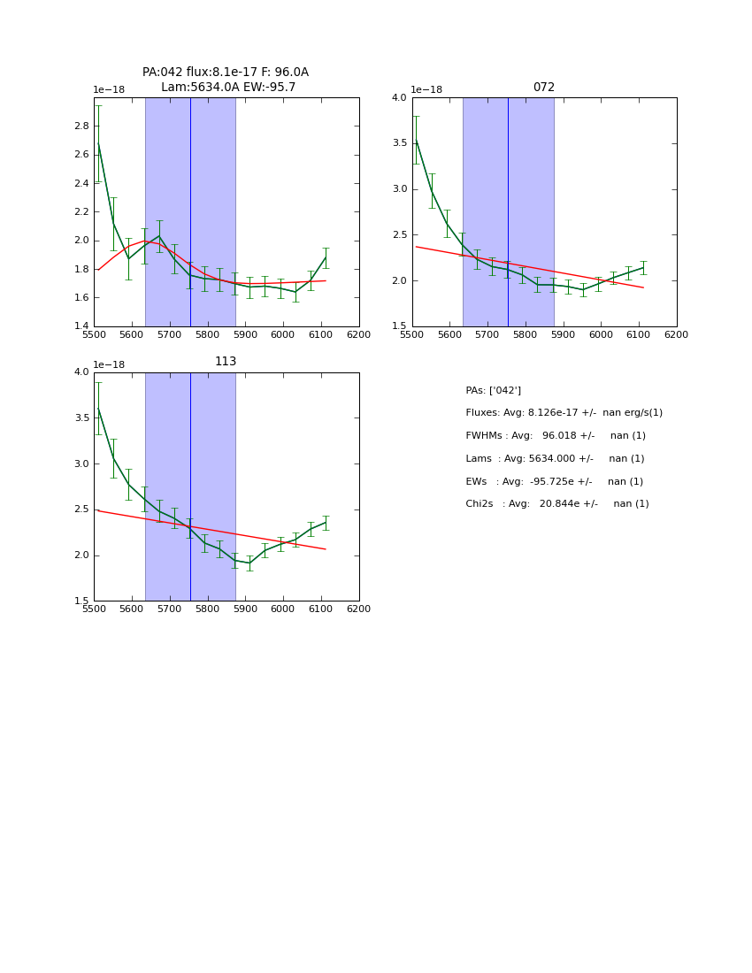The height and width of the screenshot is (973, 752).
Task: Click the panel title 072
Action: [x=543, y=88]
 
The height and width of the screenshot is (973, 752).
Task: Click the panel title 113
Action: [x=226, y=362]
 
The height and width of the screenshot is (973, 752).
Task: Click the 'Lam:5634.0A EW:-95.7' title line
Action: [x=228, y=87]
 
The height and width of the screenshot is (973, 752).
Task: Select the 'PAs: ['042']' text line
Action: [x=493, y=390]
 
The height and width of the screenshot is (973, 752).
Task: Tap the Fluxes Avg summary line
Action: [x=564, y=413]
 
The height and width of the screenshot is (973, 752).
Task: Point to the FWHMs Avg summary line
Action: [x=556, y=436]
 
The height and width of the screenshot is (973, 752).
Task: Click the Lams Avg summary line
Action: [x=555, y=458]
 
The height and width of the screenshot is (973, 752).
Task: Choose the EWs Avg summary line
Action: [x=554, y=481]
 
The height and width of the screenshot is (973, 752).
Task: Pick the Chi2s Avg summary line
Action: [x=556, y=504]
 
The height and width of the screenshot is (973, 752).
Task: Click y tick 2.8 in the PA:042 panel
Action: [x=82, y=126]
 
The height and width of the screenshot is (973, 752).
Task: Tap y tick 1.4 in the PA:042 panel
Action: [x=82, y=326]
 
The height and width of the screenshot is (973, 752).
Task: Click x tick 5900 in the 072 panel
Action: [x=564, y=335]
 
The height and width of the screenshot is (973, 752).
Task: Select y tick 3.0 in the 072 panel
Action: [x=400, y=189]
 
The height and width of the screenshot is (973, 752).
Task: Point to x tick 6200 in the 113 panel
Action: [x=358, y=609]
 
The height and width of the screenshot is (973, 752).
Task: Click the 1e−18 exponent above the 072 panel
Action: [x=426, y=89]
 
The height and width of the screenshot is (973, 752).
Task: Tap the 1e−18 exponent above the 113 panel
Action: [x=109, y=364]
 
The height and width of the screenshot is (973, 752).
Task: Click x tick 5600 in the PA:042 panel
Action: [x=132, y=335]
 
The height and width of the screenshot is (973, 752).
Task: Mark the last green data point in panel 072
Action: [x=643, y=267]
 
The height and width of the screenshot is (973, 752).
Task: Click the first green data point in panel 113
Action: [x=98, y=408]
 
